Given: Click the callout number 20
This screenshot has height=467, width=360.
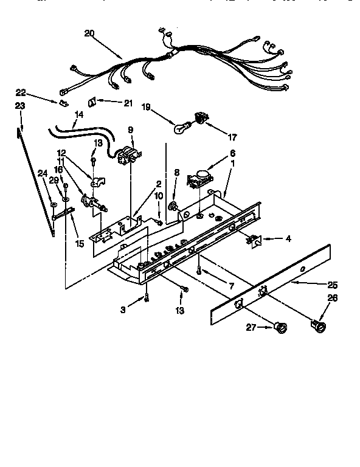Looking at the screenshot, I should coord(89,33).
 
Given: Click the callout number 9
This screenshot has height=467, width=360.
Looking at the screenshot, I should coord(130,130).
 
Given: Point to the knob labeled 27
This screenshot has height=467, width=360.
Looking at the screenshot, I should coord(281,328).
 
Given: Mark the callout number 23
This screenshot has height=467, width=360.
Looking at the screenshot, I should coord(19,105).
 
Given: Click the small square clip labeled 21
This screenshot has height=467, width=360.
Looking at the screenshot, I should coord(93,102).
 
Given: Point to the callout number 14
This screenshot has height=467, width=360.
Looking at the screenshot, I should coord(79,114).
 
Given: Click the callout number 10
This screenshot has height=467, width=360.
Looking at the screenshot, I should coord(159,195).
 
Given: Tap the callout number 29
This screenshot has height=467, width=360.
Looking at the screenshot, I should coord(54,181).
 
